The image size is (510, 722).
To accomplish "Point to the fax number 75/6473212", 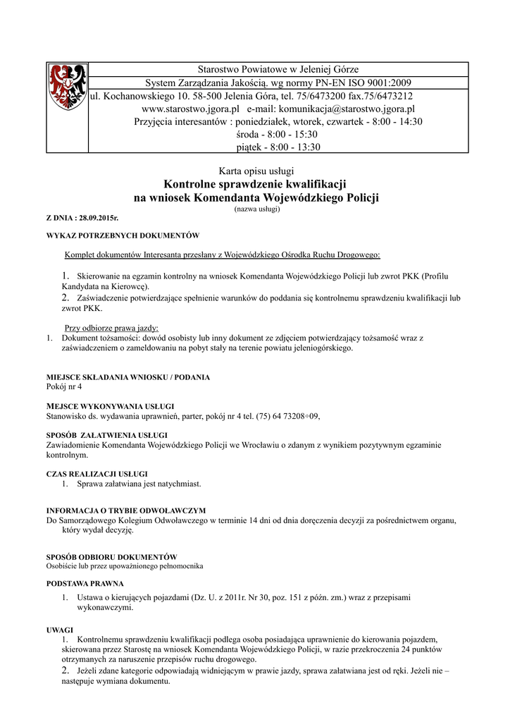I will click(x=388, y=96).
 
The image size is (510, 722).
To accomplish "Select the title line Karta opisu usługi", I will click(x=256, y=171).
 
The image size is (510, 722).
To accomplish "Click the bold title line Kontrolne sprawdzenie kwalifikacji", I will click(x=256, y=184).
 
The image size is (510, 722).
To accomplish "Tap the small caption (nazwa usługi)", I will click(x=256, y=209).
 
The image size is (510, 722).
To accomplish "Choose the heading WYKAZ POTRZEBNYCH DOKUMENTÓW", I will click(x=123, y=235).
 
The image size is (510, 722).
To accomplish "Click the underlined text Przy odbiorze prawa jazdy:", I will click(x=112, y=328).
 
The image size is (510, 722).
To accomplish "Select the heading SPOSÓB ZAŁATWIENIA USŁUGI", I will click(x=107, y=434).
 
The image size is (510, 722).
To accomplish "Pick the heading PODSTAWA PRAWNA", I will click(x=85, y=583).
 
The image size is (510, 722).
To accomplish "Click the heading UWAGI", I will click(x=59, y=629).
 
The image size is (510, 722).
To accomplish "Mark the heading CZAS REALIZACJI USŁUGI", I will click(x=97, y=474).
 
